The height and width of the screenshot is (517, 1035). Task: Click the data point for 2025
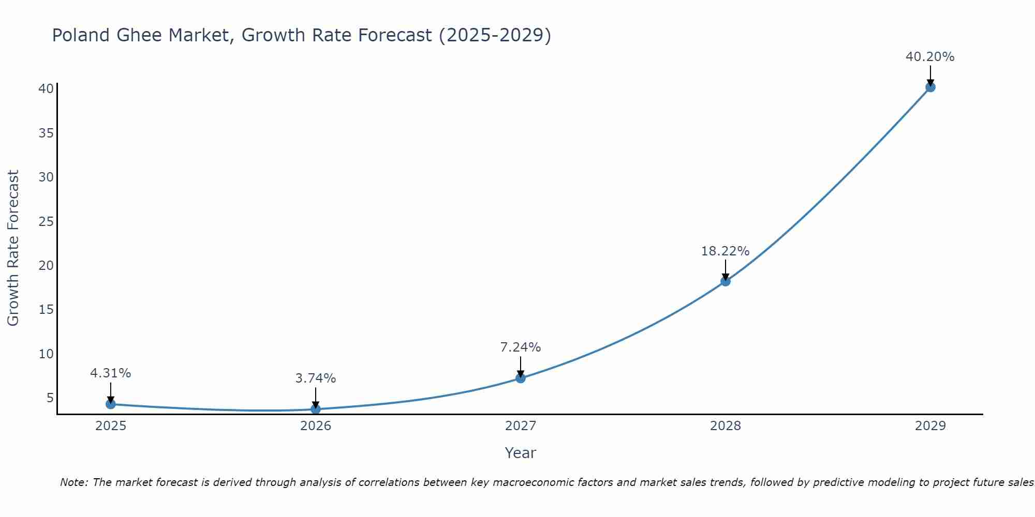(x=110, y=404)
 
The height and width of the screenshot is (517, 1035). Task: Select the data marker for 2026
(x=316, y=409)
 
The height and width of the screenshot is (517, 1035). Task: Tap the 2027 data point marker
(x=521, y=378)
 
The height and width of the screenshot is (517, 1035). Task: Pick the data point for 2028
(x=726, y=281)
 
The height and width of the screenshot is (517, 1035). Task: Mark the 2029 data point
(x=930, y=87)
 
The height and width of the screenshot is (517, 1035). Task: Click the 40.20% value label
(x=930, y=57)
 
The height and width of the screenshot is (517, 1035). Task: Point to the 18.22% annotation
(x=725, y=251)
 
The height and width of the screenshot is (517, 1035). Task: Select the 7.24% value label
(x=521, y=347)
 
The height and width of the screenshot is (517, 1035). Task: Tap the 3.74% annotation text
(x=316, y=378)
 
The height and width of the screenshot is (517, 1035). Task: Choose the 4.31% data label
(x=110, y=373)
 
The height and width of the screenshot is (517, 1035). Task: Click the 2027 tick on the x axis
(x=521, y=426)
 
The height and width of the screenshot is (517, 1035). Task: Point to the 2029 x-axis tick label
(x=930, y=426)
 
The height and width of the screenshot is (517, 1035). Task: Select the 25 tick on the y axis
(x=46, y=222)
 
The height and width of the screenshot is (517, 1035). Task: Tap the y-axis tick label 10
(x=46, y=354)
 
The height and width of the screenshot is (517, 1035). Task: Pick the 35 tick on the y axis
(x=46, y=133)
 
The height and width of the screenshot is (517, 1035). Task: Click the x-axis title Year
(x=520, y=453)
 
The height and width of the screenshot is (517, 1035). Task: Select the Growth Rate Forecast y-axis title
(x=13, y=248)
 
